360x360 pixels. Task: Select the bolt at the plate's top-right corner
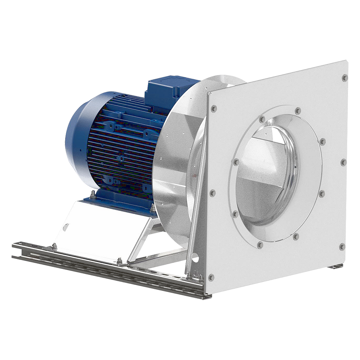pyautogui.click(x=345, y=77)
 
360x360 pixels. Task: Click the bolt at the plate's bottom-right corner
pyautogui.click(x=342, y=247)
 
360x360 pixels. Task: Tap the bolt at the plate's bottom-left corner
pyautogui.click(x=211, y=277)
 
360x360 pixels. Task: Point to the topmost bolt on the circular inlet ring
pyautogui.click(x=298, y=111)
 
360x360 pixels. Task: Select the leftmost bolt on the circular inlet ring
pyautogui.click(x=236, y=162)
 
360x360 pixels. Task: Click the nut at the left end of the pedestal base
pyautogui.click(x=54, y=246)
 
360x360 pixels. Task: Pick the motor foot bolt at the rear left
pyautogui.click(x=93, y=195)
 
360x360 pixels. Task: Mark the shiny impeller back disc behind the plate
pyautogui.click(x=173, y=162)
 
